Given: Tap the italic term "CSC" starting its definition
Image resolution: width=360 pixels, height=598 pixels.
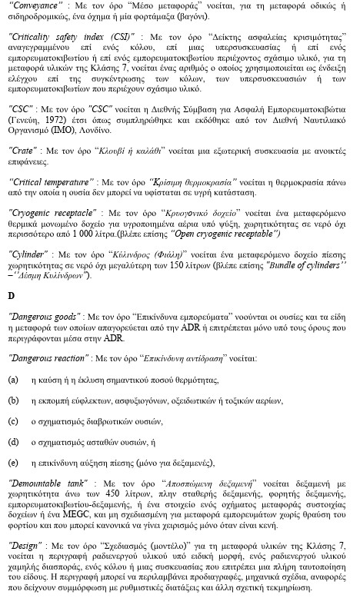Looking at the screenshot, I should (19, 110).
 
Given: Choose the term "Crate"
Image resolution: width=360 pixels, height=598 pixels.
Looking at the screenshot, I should (22, 151).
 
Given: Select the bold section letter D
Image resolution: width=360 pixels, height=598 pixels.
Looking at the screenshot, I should (12, 294).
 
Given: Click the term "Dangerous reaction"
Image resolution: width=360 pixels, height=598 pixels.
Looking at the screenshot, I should (46, 358).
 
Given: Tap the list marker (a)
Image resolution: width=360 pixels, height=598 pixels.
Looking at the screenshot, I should (13, 380).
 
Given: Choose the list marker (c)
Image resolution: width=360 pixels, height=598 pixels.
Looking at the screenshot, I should (13, 421).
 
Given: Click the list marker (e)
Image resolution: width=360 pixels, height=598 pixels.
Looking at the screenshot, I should (13, 463).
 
